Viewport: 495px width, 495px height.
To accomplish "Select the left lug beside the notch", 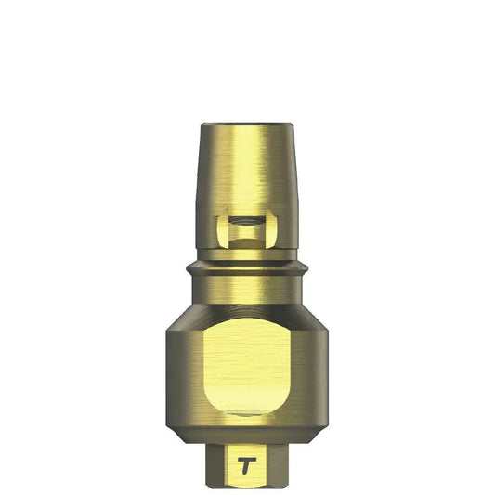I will click(x=221, y=229).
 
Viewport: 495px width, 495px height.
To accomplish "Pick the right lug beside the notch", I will click(x=274, y=229).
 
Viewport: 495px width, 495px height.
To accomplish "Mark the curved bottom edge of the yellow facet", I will click(x=248, y=414).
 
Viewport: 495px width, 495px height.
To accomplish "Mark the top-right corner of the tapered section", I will click(x=293, y=124).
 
